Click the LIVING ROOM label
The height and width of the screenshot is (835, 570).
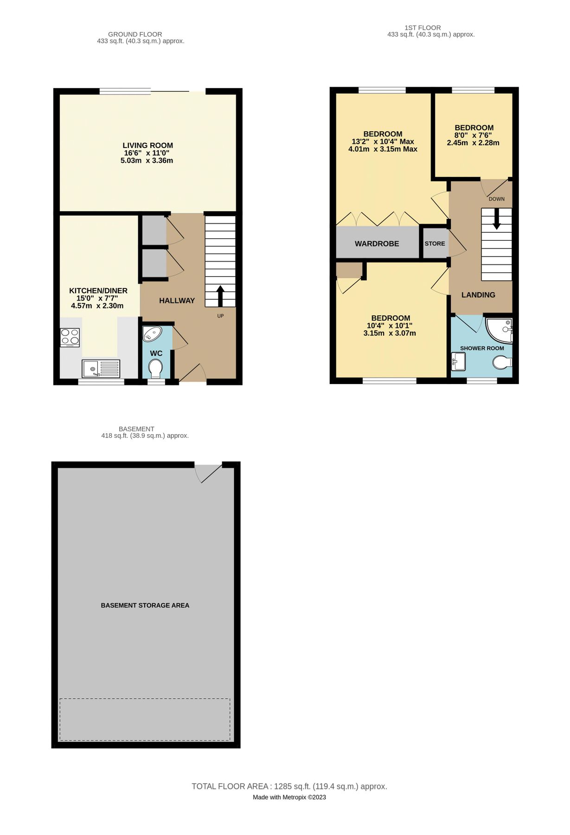coord(147,146)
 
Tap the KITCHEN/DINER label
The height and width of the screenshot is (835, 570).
coord(98,291)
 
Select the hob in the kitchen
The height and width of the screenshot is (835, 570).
coord(70,338)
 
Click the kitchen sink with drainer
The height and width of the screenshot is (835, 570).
coord(101,369)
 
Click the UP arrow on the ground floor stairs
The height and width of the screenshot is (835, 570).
coord(220,296)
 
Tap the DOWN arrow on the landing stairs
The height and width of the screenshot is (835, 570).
coord(497,219)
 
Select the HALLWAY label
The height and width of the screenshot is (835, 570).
coord(177,301)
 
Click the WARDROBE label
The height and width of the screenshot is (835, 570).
coord(377,244)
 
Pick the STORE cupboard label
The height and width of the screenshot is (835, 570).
coord(435,244)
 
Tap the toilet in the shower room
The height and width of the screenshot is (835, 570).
coord(503,362)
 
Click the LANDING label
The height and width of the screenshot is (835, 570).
coord(478,295)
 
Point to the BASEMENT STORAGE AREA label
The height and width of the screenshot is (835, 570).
coord(145,605)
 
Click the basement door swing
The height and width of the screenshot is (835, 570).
coord(207,473)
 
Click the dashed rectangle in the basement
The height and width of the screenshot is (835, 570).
coord(145,719)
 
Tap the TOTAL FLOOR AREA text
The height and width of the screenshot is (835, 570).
coord(289,786)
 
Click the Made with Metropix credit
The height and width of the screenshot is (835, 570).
coord(289,797)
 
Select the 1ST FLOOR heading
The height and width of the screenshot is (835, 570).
coord(423,28)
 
